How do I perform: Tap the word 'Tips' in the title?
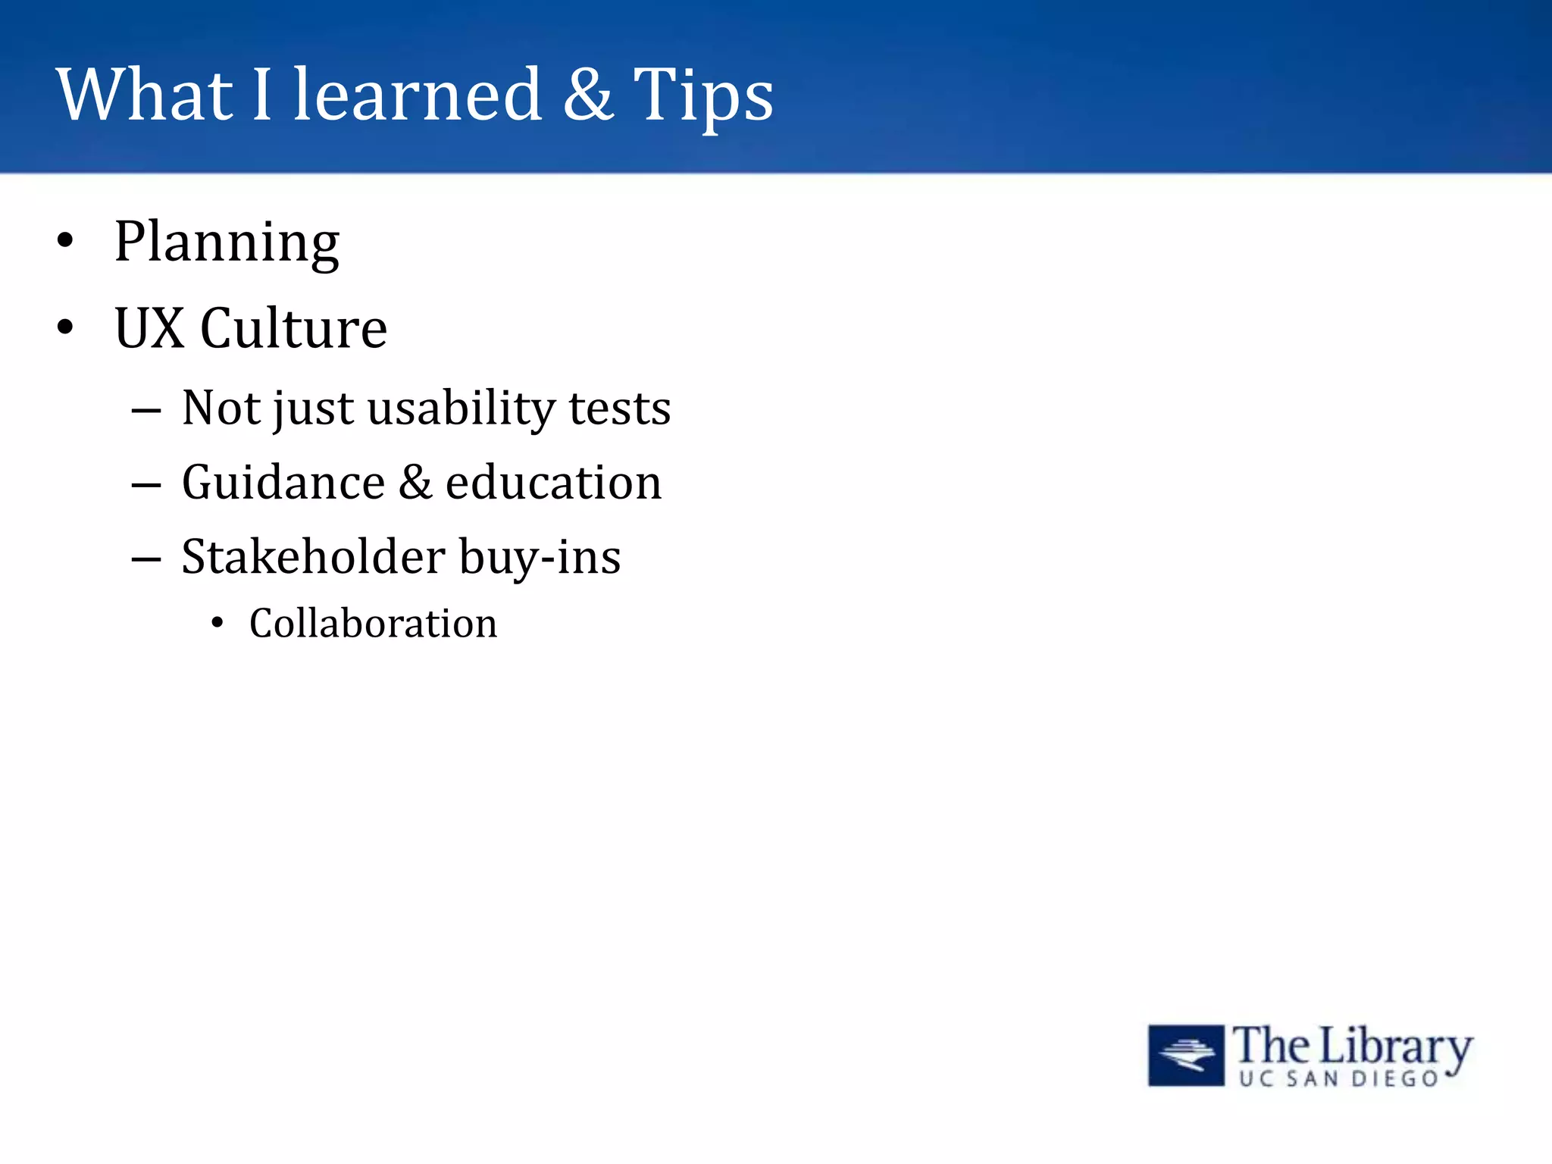coord(702,96)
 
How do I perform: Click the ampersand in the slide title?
coord(588,95)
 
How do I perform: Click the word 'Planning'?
coord(227,242)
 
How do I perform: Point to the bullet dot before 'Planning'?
coord(66,241)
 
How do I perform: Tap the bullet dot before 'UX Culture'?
coord(66,327)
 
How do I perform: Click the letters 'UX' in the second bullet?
coord(149,328)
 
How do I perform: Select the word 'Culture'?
coord(293,328)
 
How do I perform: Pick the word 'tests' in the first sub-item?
coord(619,409)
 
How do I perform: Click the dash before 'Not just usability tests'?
coord(145,411)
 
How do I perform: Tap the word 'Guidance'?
coord(283,483)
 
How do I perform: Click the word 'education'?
coord(553,483)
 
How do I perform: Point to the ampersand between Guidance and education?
coord(415,483)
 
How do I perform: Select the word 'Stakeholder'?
coord(313,557)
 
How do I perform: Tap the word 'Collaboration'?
coord(373,624)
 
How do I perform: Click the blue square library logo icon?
coord(1185,1055)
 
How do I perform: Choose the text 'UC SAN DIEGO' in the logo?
coord(1338,1078)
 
